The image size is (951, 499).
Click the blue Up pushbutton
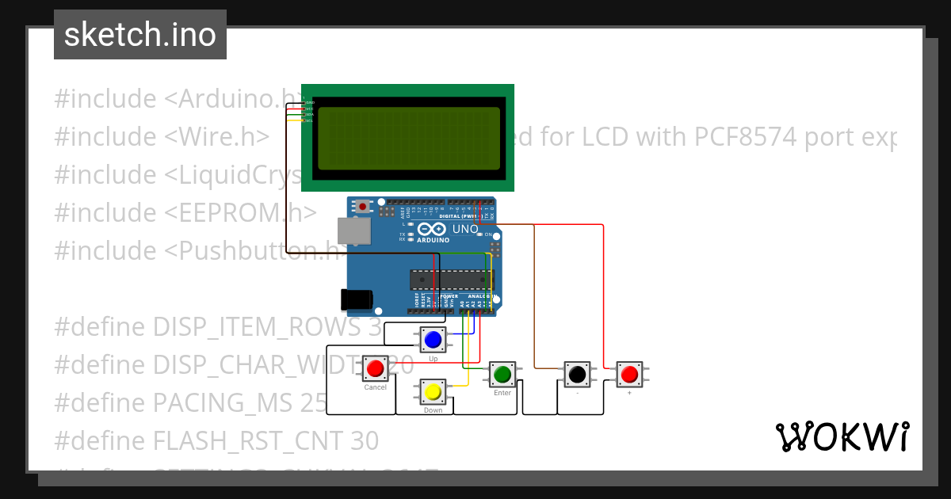[x=433, y=341]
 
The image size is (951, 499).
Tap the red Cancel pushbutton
[x=376, y=368]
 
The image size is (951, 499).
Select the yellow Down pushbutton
[x=433, y=392]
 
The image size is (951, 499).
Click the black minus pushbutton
[x=578, y=373]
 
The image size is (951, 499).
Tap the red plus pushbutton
[x=630, y=373]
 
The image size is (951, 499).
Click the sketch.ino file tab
[x=140, y=35]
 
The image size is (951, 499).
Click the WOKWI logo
[x=842, y=436]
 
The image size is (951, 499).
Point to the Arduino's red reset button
[x=363, y=207]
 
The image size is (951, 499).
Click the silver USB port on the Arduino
[x=353, y=230]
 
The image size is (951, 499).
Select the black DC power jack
[x=356, y=299]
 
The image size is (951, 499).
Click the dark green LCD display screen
[x=408, y=138]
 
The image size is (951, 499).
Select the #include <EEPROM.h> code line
[x=185, y=213]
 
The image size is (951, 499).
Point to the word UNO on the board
[x=465, y=230]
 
